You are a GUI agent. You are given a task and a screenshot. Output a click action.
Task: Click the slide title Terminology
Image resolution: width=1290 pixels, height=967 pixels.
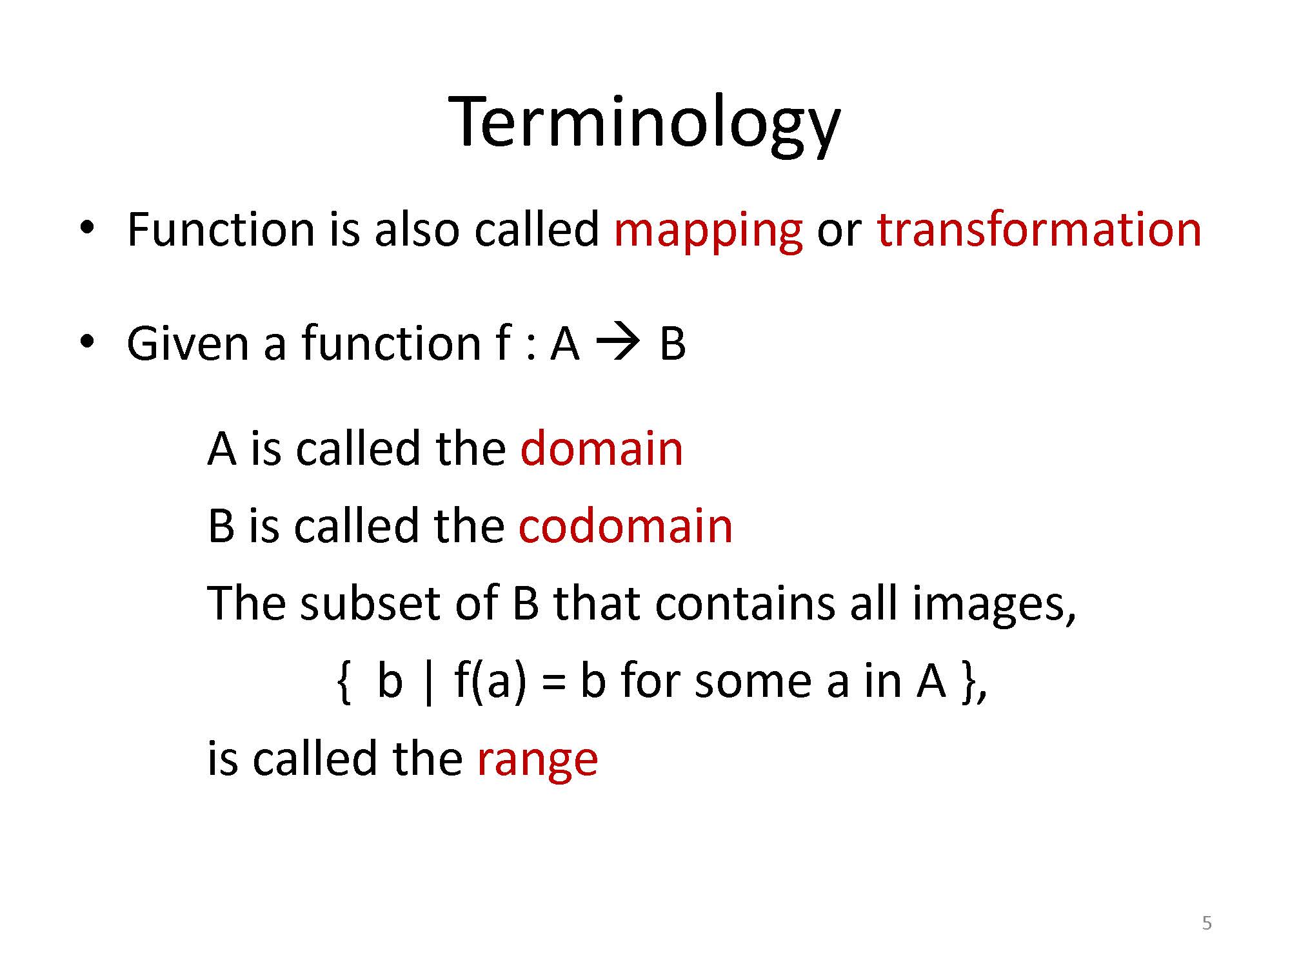point(644,124)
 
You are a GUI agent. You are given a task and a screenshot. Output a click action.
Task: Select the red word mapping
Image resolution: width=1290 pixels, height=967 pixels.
point(708,232)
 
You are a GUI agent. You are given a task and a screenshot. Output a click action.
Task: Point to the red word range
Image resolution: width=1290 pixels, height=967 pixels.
point(537,761)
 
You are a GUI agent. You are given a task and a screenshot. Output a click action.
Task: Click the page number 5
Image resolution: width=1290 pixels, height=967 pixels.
point(1207,923)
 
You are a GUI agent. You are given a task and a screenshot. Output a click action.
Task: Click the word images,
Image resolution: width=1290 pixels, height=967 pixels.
point(994,606)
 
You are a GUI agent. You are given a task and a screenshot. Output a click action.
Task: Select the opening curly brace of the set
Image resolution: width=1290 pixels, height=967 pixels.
point(344,682)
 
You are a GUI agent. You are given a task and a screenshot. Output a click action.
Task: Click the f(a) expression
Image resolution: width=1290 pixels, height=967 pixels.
point(490,682)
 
